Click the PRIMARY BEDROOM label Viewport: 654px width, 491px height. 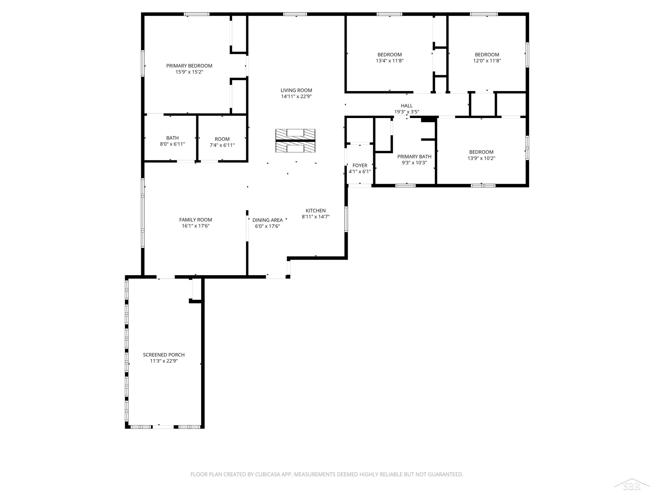pyautogui.click(x=189, y=66)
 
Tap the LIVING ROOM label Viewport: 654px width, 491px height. pyautogui.click(x=296, y=90)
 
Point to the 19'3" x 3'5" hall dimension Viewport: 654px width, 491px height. pyautogui.click(x=407, y=112)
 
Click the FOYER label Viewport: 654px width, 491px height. pyautogui.click(x=360, y=165)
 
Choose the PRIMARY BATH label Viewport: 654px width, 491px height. pyautogui.click(x=414, y=156)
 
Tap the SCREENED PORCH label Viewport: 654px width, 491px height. pyautogui.click(x=164, y=355)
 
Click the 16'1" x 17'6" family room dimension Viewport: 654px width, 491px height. pyautogui.click(x=196, y=226)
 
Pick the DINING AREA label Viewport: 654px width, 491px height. pyautogui.click(x=267, y=220)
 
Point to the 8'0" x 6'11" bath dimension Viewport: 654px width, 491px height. pyautogui.click(x=172, y=144)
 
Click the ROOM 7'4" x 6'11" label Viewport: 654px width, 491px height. pyautogui.click(x=222, y=142)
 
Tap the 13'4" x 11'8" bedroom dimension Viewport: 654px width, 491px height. pyautogui.click(x=390, y=61)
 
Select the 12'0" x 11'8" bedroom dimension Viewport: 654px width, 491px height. pyautogui.click(x=487, y=61)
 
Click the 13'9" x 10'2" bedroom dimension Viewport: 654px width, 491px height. pyautogui.click(x=481, y=158)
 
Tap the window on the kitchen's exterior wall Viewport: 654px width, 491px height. pyautogui.click(x=346, y=219)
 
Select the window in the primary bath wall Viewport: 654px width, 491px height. pyautogui.click(x=405, y=185)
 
